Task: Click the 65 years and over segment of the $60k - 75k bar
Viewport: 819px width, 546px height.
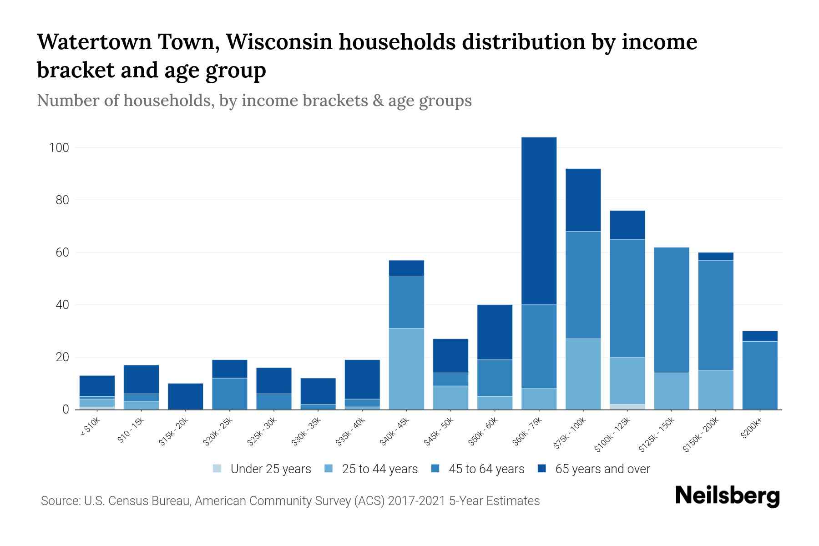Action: point(539,221)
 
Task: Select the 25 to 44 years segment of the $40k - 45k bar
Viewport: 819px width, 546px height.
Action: point(406,369)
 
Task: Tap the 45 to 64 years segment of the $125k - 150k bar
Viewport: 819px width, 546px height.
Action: point(672,310)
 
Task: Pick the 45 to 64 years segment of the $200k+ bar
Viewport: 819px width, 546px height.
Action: point(760,375)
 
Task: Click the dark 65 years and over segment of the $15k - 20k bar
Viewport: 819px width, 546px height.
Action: point(186,396)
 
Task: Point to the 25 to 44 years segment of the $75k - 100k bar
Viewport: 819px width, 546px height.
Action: point(583,374)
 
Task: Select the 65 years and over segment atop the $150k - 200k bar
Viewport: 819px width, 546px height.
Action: point(716,256)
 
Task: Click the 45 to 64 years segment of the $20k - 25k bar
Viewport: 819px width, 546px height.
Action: point(230,394)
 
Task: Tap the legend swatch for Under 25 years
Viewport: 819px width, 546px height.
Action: point(217,469)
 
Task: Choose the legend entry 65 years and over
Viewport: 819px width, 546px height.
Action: point(602,469)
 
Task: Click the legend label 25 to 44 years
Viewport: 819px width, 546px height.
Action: point(379,469)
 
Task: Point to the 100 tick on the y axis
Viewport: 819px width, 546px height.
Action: point(59,148)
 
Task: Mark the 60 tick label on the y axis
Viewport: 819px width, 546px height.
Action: point(62,253)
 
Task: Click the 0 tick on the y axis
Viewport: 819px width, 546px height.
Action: point(66,409)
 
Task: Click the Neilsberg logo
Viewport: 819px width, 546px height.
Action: point(727,496)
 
